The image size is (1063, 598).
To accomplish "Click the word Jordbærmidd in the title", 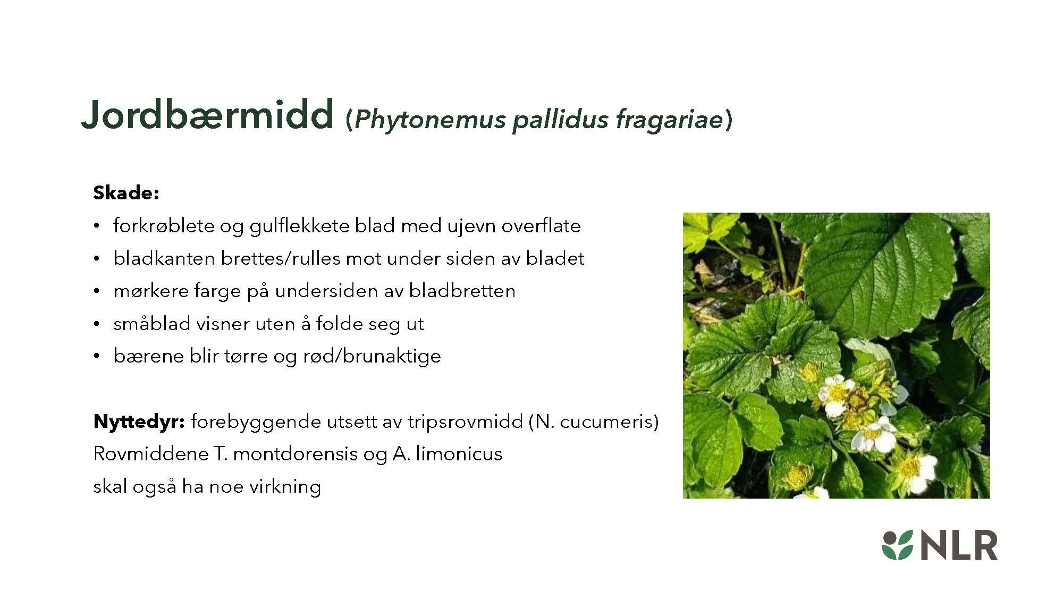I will point(207,115).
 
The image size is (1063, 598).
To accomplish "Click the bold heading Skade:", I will point(126,193).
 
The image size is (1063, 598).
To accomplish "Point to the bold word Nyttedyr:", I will point(139,422).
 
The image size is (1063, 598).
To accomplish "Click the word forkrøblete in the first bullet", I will point(163,226).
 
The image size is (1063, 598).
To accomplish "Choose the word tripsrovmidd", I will point(465,422).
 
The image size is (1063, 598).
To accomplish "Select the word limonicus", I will point(459,454).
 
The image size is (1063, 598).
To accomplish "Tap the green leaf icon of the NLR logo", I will point(897,545).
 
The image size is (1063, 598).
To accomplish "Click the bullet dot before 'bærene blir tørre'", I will point(96,356).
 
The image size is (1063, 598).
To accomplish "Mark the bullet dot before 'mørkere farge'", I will point(96,291).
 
